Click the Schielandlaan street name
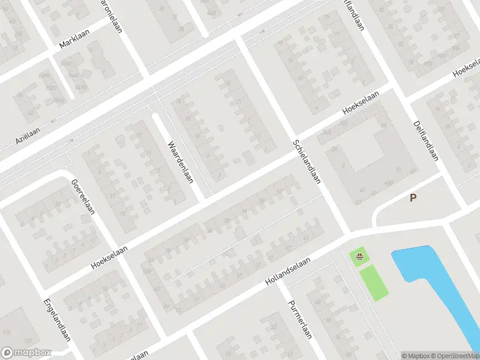[307, 161]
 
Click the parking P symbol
[413, 197]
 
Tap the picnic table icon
[359, 258]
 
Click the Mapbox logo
[26, 353]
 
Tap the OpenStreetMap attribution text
[455, 355]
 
